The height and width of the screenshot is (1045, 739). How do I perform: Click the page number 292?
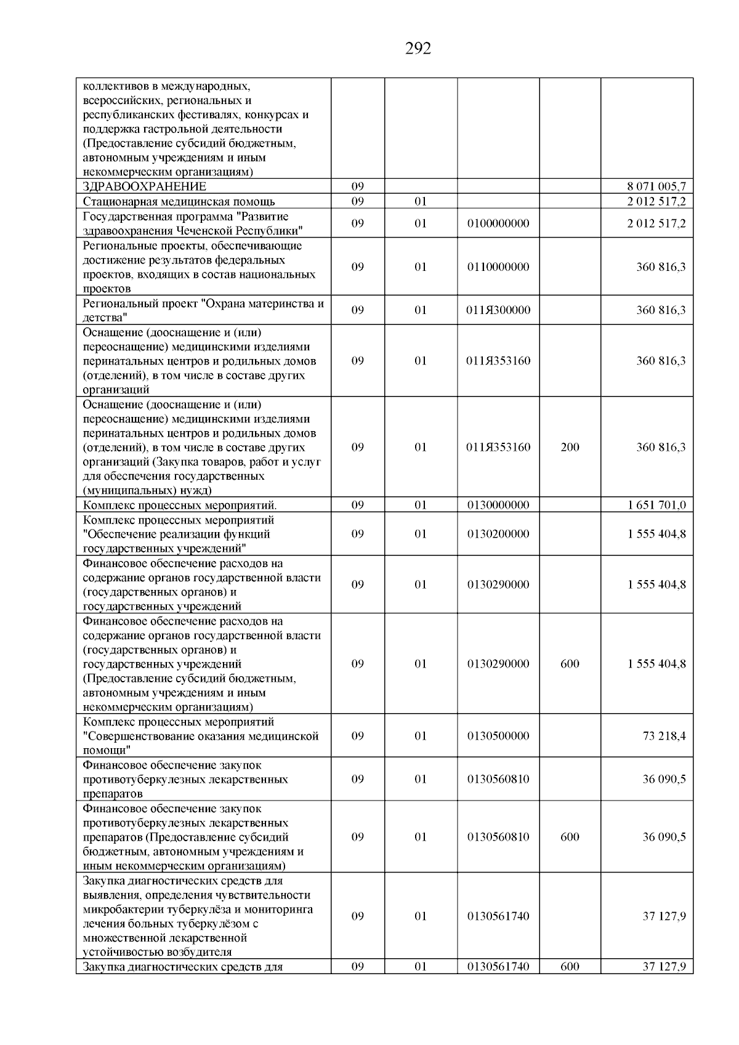pos(418,49)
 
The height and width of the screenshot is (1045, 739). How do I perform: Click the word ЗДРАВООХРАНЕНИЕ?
pos(145,187)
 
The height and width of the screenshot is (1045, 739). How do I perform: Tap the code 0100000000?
pos(498,224)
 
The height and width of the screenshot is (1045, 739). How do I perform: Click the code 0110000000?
pos(498,267)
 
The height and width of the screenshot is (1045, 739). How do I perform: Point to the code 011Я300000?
pos(498,310)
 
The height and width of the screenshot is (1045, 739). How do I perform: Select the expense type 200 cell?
pos(570,447)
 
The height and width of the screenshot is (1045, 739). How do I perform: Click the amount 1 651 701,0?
pos(656,506)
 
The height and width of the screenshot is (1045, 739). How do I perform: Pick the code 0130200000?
pos(498,534)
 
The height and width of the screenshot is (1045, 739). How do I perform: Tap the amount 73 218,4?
pos(664,736)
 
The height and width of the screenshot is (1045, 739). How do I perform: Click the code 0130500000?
pos(498,736)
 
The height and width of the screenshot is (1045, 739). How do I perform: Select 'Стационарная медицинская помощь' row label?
pos(179,201)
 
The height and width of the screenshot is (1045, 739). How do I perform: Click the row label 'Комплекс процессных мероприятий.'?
pos(180,506)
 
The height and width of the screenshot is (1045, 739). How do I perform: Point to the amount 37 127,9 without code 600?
pos(664,916)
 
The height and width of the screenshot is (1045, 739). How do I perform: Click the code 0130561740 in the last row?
pos(498,967)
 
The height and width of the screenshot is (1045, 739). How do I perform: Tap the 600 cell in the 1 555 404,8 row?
pos(570,664)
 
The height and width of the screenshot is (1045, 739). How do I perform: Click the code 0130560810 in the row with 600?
pos(498,837)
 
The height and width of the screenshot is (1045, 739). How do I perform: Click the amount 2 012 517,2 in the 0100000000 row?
pos(656,224)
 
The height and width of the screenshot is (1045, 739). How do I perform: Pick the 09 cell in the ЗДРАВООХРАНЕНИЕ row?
pos(358,187)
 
